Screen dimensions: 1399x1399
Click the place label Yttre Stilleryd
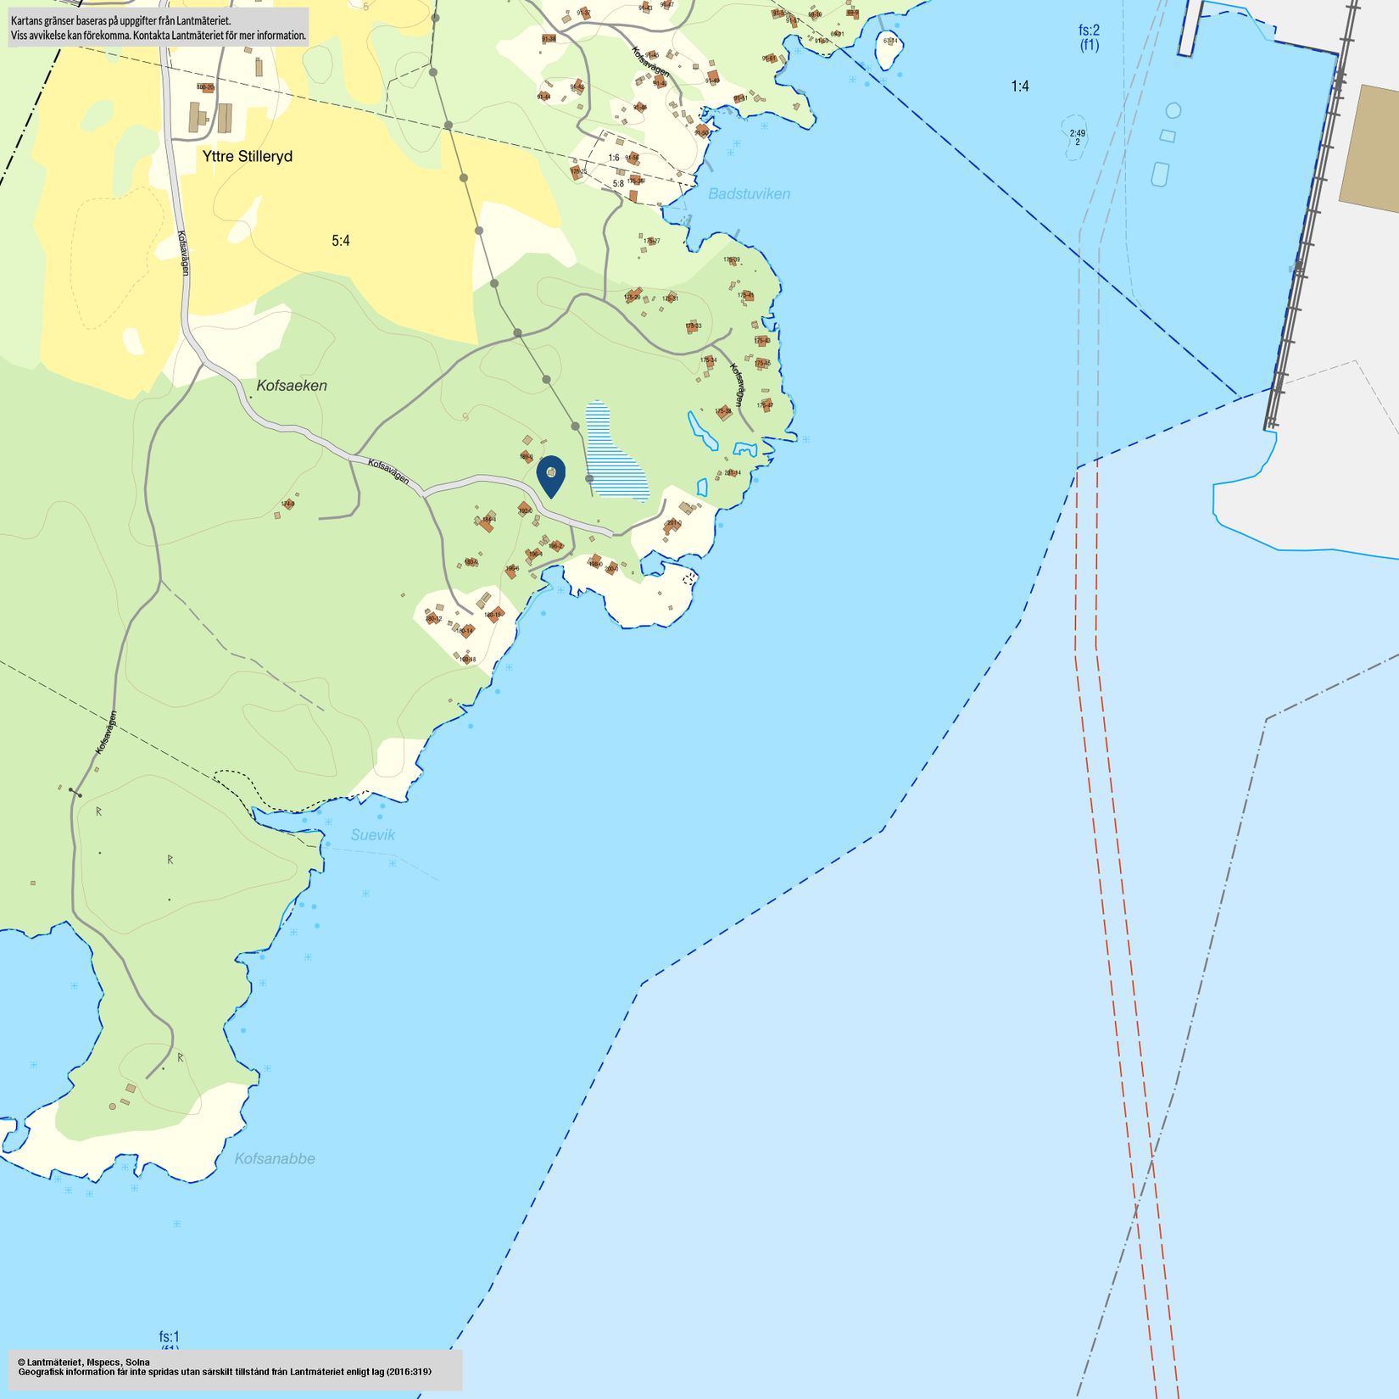click(x=247, y=157)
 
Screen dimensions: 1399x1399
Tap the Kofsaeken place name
click(x=292, y=386)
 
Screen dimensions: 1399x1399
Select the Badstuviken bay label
click(x=749, y=194)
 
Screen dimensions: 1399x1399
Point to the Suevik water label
click(x=373, y=835)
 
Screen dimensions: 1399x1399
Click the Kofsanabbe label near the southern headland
click(x=275, y=1159)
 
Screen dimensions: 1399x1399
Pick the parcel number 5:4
click(x=340, y=241)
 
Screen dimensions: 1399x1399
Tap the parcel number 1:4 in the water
click(x=1019, y=86)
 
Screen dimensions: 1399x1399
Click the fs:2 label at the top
click(x=1089, y=31)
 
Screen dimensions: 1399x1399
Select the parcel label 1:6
click(x=614, y=158)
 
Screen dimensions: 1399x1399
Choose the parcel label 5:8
click(x=618, y=183)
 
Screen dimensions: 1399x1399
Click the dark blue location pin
click(x=551, y=475)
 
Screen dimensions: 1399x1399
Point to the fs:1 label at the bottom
click(x=170, y=1337)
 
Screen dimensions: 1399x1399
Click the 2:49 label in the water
click(x=1077, y=134)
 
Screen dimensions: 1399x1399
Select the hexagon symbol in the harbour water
click(x=1173, y=110)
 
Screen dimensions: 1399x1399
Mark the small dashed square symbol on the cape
click(x=689, y=578)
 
